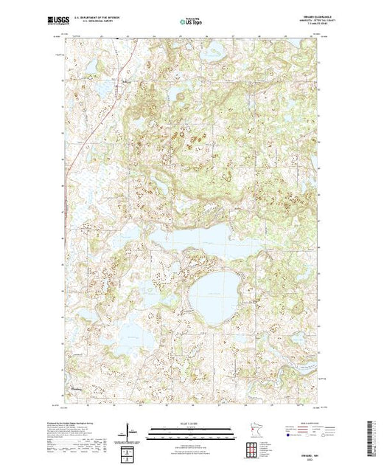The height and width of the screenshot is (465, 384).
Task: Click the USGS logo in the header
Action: point(75,23)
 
